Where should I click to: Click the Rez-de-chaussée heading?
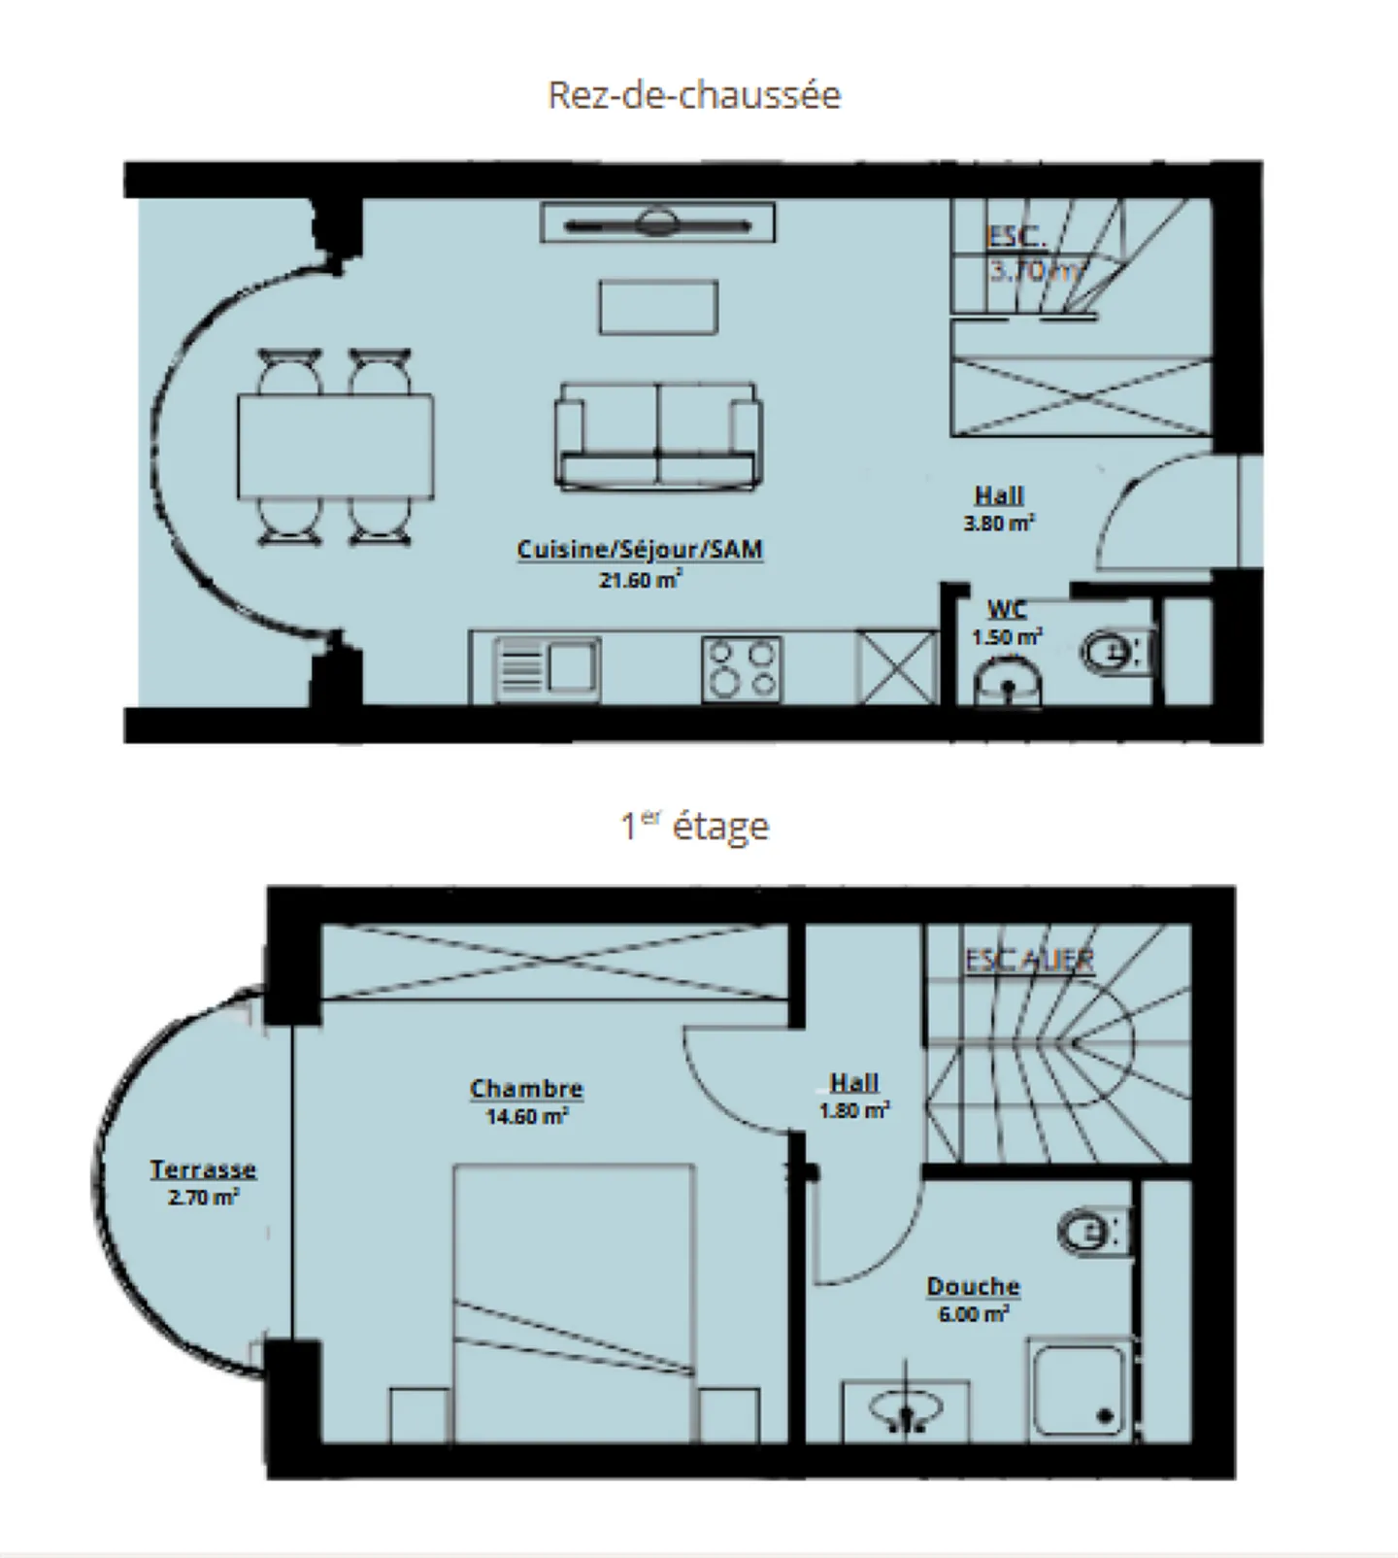coord(694,95)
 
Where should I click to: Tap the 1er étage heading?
coord(695,827)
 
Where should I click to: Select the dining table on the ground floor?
coord(335,446)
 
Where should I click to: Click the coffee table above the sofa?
coord(658,307)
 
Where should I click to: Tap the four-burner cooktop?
coord(741,668)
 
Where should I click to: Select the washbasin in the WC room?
coord(1009,680)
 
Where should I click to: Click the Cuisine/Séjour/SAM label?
coord(640,550)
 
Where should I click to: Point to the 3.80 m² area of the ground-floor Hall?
coord(998,524)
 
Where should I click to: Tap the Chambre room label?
coord(526,1089)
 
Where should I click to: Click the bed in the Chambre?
coord(574,1302)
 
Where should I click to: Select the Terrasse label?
coord(202,1169)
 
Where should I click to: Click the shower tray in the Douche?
coord(1078,1389)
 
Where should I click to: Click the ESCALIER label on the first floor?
coord(1029,960)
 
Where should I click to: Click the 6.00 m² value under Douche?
coord(973,1314)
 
